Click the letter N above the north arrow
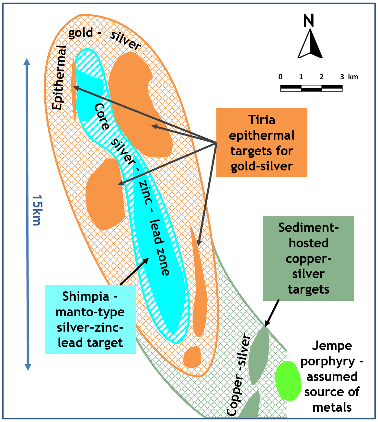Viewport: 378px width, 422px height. pyautogui.click(x=309, y=20)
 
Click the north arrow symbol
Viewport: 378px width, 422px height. pyautogui.click(x=310, y=43)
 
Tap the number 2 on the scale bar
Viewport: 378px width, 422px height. pyautogui.click(x=321, y=77)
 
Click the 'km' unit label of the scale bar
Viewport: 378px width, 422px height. pyautogui.click(x=353, y=77)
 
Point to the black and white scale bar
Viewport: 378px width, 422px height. pyautogui.click(x=311, y=88)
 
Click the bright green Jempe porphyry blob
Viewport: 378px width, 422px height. pyautogui.click(x=288, y=381)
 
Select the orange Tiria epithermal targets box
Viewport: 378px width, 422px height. pyautogui.click(x=262, y=143)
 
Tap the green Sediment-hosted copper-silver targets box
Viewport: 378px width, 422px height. pyautogui.click(x=309, y=258)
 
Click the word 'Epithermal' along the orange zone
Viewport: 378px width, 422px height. pyautogui.click(x=59, y=78)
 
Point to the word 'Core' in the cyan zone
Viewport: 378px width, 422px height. pyautogui.click(x=102, y=116)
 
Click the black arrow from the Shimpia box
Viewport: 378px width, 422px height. pyautogui.click(x=134, y=271)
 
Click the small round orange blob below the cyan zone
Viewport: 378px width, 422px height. pyautogui.click(x=192, y=357)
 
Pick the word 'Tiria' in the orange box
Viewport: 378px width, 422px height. pyautogui.click(x=262, y=120)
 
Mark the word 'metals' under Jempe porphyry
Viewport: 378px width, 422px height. pyautogui.click(x=332, y=408)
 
